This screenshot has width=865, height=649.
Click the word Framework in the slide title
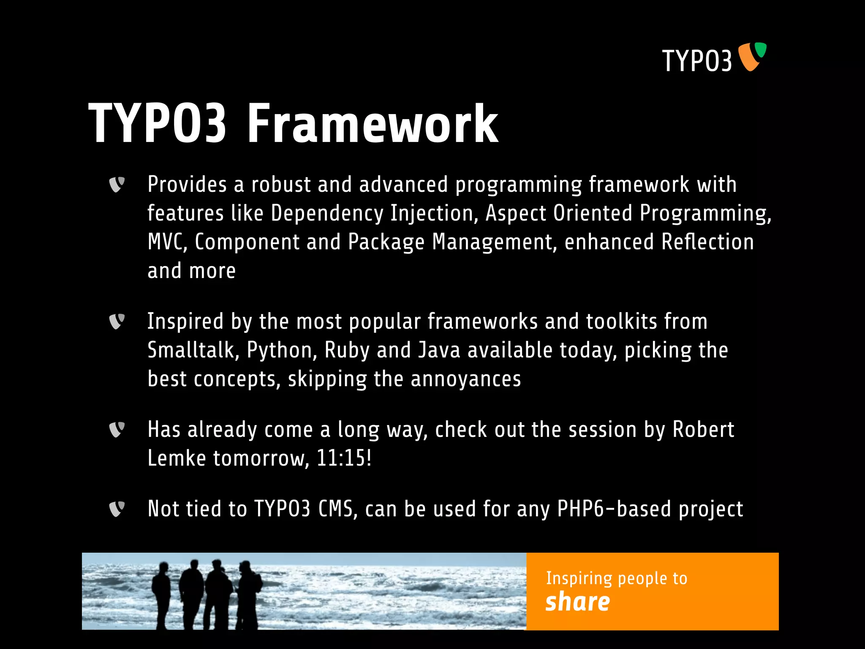click(x=372, y=124)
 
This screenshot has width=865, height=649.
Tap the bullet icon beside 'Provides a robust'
click(x=117, y=185)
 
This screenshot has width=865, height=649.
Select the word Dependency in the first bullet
click(x=327, y=213)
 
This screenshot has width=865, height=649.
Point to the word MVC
click(x=167, y=242)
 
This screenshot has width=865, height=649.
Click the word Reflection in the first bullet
click(x=707, y=242)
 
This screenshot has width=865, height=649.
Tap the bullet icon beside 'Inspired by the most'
click(x=117, y=322)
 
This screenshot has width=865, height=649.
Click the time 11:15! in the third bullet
click(x=344, y=458)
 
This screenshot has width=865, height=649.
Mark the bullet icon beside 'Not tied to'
click(x=117, y=509)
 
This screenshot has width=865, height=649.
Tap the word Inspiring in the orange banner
click(x=579, y=578)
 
